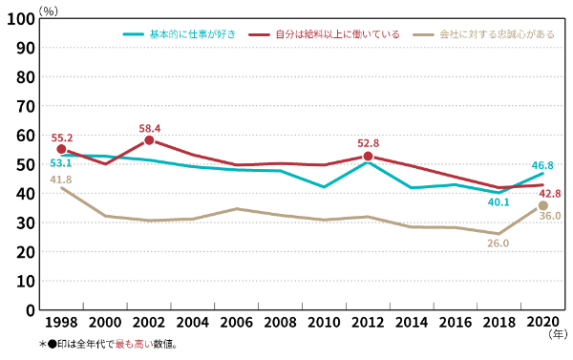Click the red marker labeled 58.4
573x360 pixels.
pos(149,140)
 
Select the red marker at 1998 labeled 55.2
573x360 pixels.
pos(61,149)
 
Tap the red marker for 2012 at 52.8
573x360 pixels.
pos(368,157)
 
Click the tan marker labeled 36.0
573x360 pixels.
pos(543,205)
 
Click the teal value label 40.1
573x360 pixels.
pos(499,201)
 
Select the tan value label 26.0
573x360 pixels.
pos(499,244)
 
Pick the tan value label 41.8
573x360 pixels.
pos(60,179)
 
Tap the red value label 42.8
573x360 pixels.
pos(549,193)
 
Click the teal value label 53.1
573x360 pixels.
pos(60,163)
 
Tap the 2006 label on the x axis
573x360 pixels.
pos(236,322)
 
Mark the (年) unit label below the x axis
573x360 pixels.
pos(557,336)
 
